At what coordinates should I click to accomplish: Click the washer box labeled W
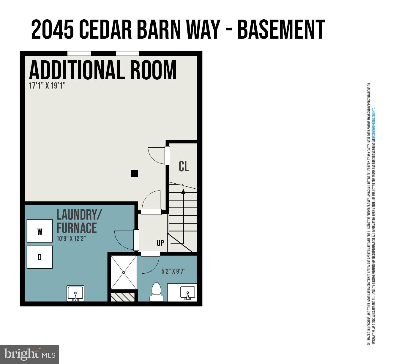(x=40, y=231)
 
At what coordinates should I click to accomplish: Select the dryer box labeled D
(x=40, y=257)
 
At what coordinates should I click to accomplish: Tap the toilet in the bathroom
(x=156, y=292)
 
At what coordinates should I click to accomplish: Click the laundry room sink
(x=75, y=294)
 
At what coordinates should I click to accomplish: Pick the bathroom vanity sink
(x=188, y=293)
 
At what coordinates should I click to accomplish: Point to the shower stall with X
(x=124, y=272)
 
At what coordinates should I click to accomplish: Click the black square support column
(x=134, y=173)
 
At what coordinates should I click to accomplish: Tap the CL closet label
(x=184, y=166)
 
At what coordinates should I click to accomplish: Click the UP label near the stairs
(x=160, y=243)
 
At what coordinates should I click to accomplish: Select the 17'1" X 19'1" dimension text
(x=47, y=86)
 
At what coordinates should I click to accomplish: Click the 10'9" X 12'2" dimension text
(x=71, y=238)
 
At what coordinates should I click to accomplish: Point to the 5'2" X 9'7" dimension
(x=173, y=271)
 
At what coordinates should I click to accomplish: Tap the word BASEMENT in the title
(x=281, y=30)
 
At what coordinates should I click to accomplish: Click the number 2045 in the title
(x=53, y=30)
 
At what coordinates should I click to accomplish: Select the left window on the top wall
(x=79, y=53)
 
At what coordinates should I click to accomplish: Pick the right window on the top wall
(x=127, y=53)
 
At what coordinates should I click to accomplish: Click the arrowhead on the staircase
(x=183, y=192)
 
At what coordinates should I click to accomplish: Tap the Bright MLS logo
(x=30, y=354)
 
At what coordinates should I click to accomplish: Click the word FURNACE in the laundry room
(x=77, y=228)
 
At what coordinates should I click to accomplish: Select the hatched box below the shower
(x=122, y=297)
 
